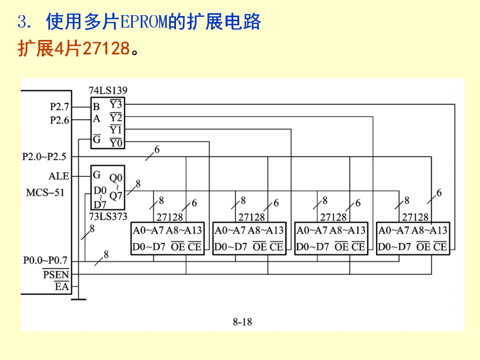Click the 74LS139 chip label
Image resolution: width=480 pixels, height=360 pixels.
pyautogui.click(x=108, y=90)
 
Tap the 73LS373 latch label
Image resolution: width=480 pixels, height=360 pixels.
pyautogui.click(x=108, y=216)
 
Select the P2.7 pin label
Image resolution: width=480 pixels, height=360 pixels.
pyautogui.click(x=60, y=107)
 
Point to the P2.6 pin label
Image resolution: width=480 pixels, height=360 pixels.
pyautogui.click(x=60, y=120)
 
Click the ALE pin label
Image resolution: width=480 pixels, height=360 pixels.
pyautogui.click(x=59, y=176)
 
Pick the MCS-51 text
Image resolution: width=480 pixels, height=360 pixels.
pyautogui.click(x=45, y=192)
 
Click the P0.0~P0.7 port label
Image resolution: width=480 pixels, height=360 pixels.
pyautogui.click(x=44, y=260)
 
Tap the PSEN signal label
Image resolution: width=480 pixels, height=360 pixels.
pyautogui.click(x=56, y=274)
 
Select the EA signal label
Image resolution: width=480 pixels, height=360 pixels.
pyautogui.click(x=62, y=287)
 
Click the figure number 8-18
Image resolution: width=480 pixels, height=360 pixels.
pyautogui.click(x=242, y=321)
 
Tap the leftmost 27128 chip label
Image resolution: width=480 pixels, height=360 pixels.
pyautogui.click(x=170, y=217)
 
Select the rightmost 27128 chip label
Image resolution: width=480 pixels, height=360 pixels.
pyautogui.click(x=415, y=217)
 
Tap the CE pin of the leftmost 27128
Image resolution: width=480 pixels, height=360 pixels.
pyautogui.click(x=195, y=247)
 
